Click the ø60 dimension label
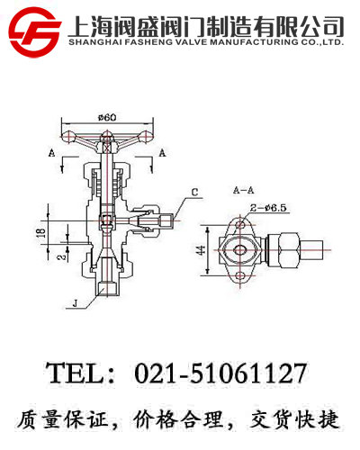[108, 116]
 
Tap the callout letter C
[194, 191]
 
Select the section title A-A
[244, 192]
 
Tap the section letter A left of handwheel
[51, 154]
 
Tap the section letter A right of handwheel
[161, 154]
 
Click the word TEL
[76, 372]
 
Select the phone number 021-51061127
[220, 372]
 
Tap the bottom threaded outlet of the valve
[107, 288]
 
